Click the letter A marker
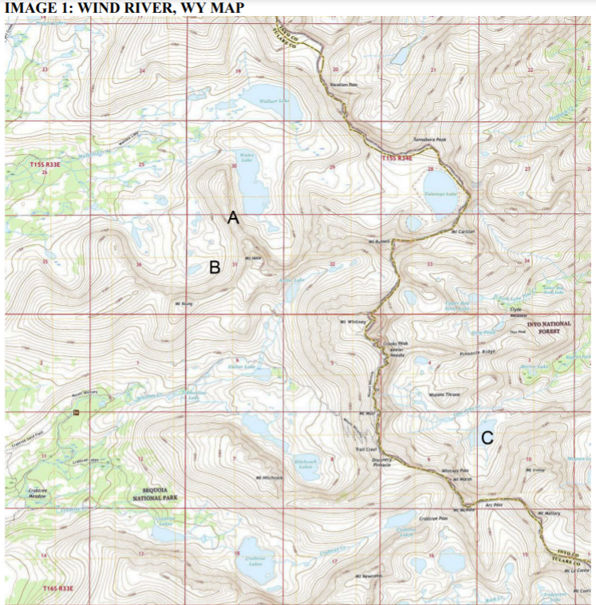(233, 217)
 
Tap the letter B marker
(214, 267)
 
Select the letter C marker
(487, 437)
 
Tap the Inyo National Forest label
(549, 327)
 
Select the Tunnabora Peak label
(429, 139)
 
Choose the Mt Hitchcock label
(270, 477)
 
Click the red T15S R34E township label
(396, 159)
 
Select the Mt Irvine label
(535, 470)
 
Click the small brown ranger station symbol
(76, 412)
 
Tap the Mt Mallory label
(551, 513)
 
